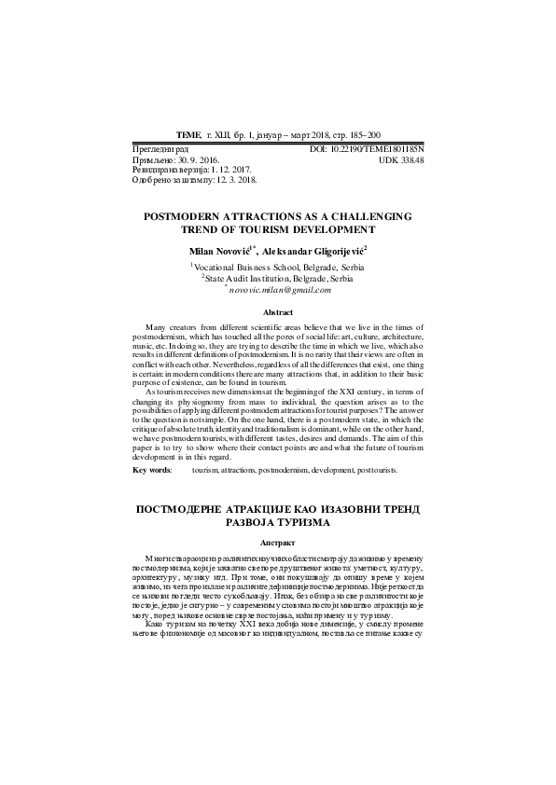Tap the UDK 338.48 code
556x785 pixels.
(x=403, y=160)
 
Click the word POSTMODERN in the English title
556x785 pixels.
(x=184, y=214)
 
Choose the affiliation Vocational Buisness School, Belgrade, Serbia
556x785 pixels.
(x=279, y=267)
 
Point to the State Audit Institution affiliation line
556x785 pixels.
(x=279, y=278)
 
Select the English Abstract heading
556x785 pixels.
(x=278, y=312)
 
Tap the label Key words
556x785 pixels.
(x=152, y=471)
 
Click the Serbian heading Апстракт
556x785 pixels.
(x=278, y=542)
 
